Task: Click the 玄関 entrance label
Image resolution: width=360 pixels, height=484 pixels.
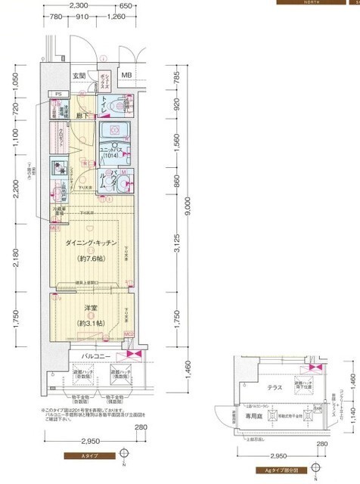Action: point(79,76)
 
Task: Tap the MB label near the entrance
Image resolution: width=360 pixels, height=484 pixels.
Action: point(126,76)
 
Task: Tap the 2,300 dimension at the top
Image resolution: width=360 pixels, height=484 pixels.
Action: point(89,5)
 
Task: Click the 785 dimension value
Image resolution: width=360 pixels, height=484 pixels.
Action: point(177,77)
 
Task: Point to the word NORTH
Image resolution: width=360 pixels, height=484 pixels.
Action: point(315,2)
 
